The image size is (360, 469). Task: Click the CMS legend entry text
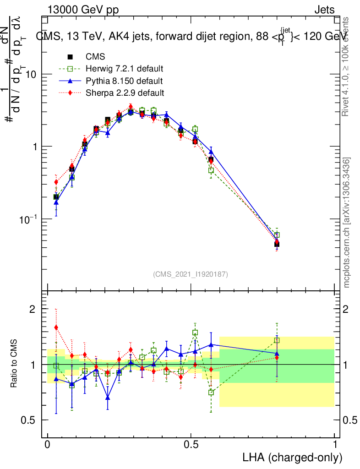95,57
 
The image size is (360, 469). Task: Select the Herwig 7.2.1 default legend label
125,69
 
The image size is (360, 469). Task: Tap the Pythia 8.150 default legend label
124,81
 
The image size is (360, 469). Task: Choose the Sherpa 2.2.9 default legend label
125,93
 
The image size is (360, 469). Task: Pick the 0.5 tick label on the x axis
191,445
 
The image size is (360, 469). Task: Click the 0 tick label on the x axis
48,445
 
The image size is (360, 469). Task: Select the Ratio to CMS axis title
14,365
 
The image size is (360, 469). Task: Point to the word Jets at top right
324,10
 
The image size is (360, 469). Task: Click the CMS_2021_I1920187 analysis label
191,274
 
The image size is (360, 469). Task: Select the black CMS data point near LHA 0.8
277,244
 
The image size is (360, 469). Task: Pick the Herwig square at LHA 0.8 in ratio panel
277,340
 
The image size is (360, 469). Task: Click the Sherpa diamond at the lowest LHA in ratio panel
56,327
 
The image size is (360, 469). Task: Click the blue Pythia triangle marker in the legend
70,81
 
